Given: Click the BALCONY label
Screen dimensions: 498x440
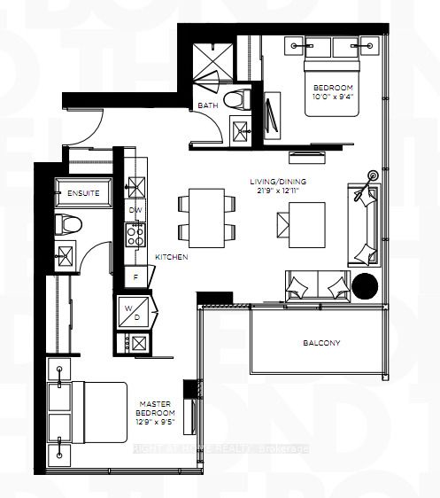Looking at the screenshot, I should point(320,343).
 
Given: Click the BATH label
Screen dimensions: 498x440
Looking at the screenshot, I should point(208,105).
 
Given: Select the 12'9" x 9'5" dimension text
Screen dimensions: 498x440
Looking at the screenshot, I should point(155,424).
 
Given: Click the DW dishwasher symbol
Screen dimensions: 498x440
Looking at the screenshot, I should point(136,210).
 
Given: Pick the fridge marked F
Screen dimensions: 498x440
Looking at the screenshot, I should point(135,276).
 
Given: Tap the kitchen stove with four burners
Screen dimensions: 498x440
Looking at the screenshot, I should point(136,234).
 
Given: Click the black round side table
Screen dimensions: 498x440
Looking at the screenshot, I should point(365,285).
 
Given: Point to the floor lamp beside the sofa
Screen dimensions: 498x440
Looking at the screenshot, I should point(372,177).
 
